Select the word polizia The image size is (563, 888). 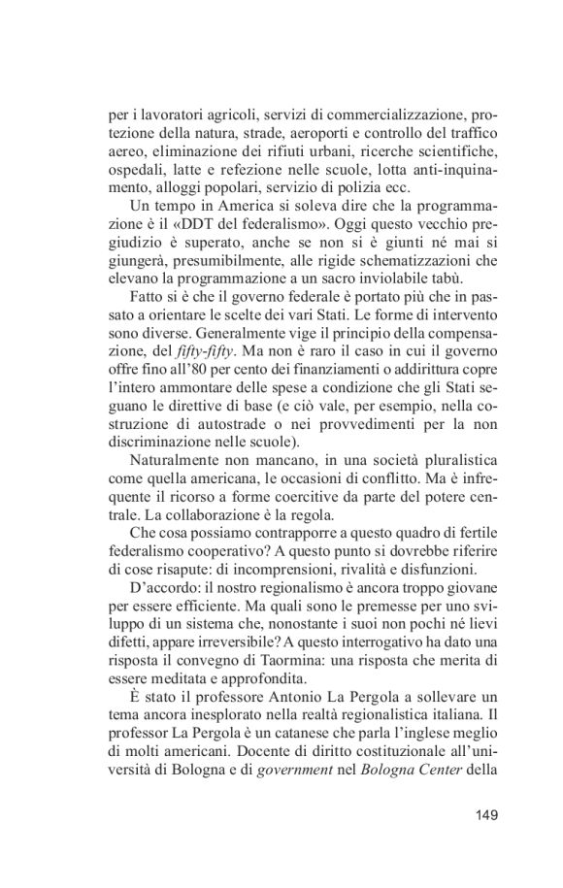click(364, 187)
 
